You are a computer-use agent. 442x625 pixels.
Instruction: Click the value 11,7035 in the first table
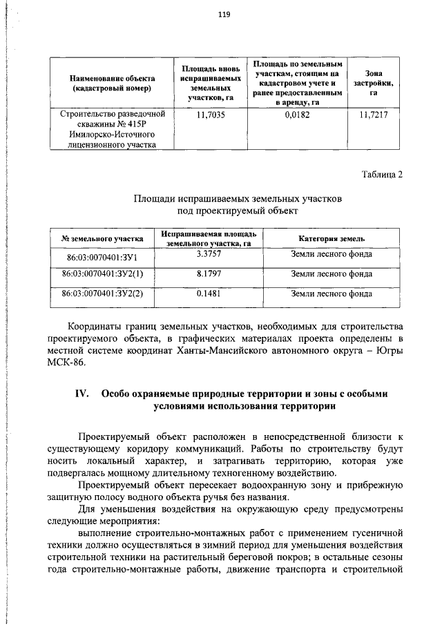[x=206, y=115]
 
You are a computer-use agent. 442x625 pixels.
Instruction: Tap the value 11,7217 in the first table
[x=374, y=115]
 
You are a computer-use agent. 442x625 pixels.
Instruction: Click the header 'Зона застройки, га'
[x=374, y=83]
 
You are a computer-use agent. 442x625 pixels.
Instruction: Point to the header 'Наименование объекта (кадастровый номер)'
[x=111, y=84]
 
